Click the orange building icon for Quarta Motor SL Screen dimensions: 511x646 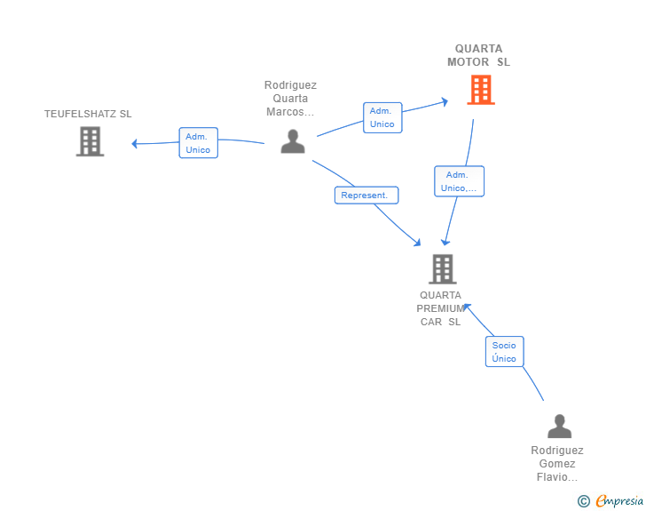(x=480, y=90)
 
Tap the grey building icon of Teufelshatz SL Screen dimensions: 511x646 (x=90, y=141)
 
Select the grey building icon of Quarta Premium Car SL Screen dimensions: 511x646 (x=442, y=268)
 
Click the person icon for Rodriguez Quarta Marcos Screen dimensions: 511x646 (x=292, y=141)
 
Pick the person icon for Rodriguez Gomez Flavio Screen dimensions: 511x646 (x=559, y=427)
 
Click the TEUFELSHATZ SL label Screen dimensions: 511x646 (x=88, y=114)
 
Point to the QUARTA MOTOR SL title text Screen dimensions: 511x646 (x=478, y=56)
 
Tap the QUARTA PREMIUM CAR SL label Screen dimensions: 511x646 (x=441, y=308)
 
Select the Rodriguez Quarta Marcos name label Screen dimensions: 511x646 (x=290, y=99)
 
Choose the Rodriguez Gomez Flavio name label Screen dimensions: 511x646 (x=557, y=464)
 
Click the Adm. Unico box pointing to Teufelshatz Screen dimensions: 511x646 (x=198, y=143)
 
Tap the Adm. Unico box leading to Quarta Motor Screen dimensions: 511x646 (x=382, y=117)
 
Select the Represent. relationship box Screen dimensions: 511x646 (x=366, y=196)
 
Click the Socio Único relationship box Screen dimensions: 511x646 (x=504, y=351)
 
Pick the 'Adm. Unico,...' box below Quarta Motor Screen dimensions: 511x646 (x=459, y=181)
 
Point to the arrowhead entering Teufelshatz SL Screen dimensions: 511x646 (x=134, y=143)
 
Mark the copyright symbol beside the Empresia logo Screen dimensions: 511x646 (x=583, y=501)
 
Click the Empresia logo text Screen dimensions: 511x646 (x=619, y=501)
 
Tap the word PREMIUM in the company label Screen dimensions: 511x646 (x=441, y=308)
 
